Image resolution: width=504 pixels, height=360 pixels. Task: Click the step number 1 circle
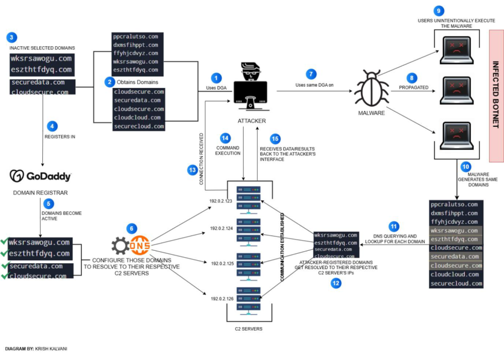pos(216,78)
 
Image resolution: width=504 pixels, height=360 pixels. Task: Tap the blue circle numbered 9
pos(439,10)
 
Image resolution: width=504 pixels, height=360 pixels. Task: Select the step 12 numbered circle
pos(336,283)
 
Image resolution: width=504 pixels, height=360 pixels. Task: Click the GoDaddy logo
pos(41,176)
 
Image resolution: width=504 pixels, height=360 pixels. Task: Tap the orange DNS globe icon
pos(140,244)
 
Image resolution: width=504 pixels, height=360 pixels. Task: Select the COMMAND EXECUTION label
pos(228,150)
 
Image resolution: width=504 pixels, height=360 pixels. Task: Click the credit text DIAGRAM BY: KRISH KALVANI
pos(36,349)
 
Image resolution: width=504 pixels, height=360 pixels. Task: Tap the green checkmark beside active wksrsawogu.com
pos(4,242)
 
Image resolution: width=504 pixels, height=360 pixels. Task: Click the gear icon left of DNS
pos(121,245)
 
